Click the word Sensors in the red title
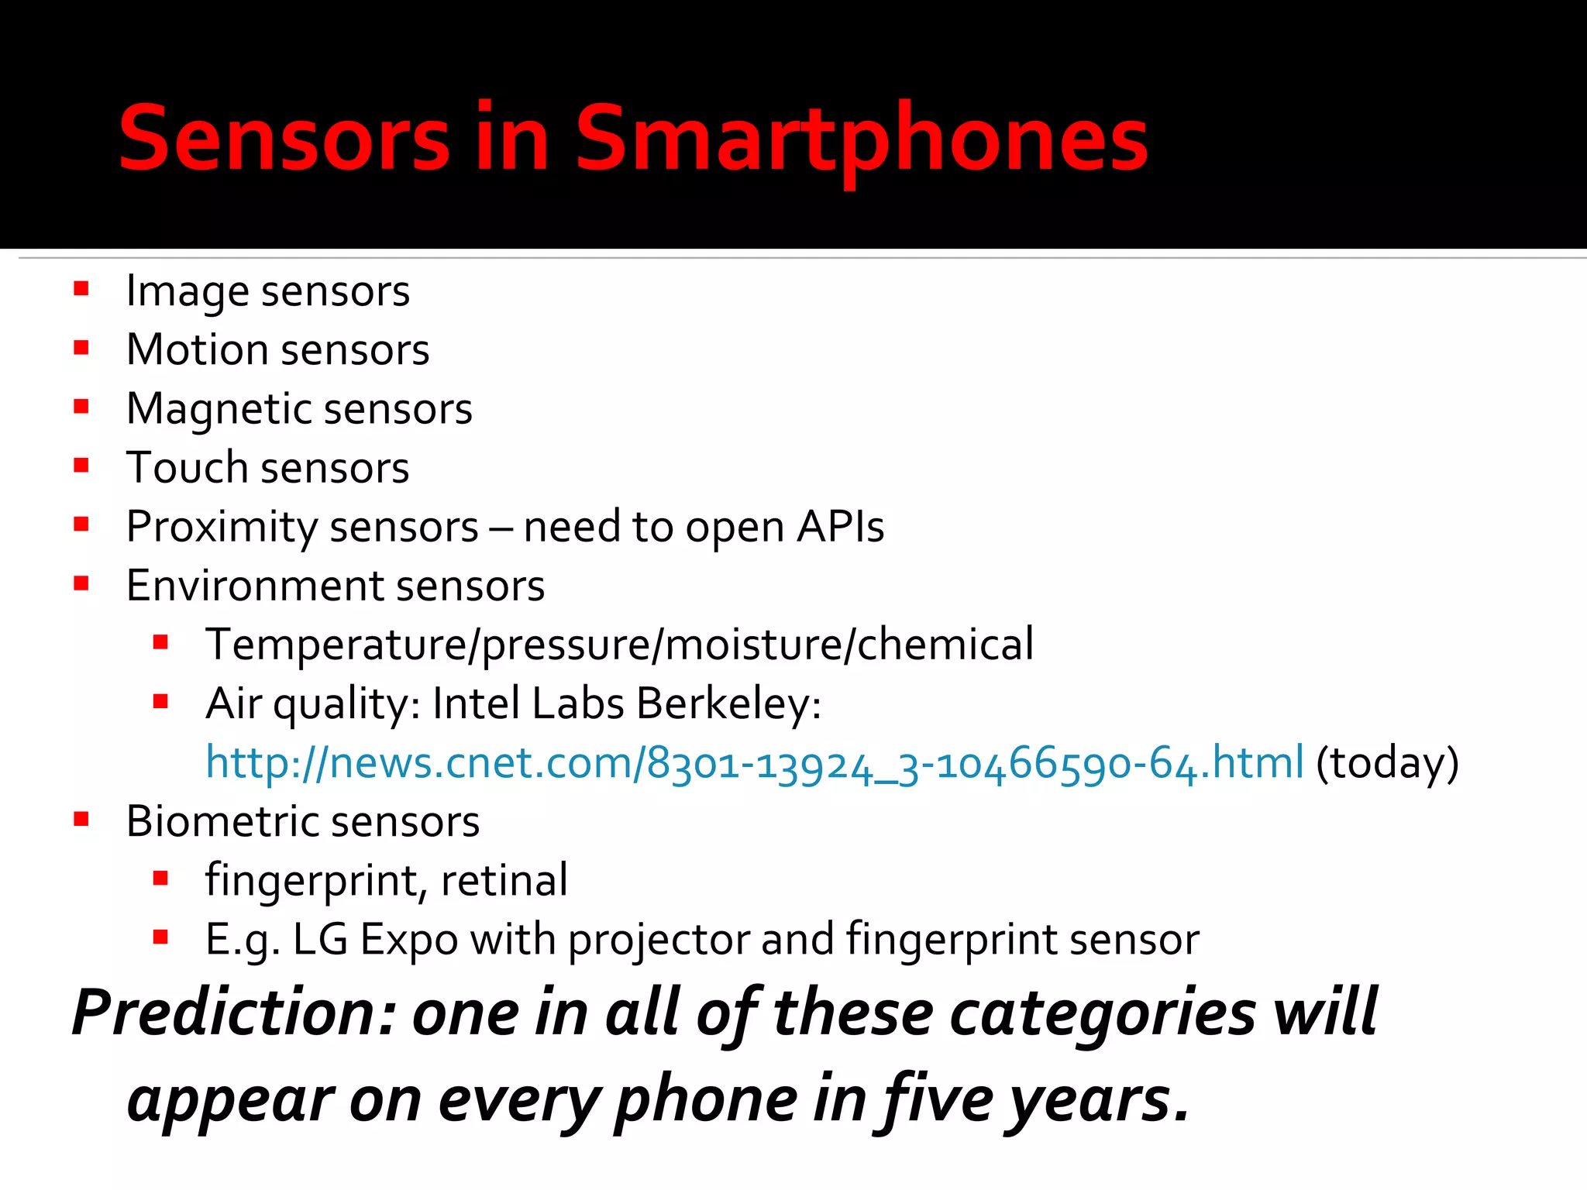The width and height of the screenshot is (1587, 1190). pos(284,139)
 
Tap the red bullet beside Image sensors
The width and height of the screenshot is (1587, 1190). pos(81,290)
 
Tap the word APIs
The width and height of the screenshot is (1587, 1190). pos(840,527)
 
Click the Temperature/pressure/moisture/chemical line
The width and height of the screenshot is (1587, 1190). pos(618,645)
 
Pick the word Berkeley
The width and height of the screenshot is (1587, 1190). pos(728,703)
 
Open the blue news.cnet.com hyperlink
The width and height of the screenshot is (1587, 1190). pos(754,763)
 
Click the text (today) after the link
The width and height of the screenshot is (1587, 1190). pos(1387,763)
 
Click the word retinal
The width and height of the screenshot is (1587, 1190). pos(504,881)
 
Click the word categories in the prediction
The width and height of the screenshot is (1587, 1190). pos(1102,1013)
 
